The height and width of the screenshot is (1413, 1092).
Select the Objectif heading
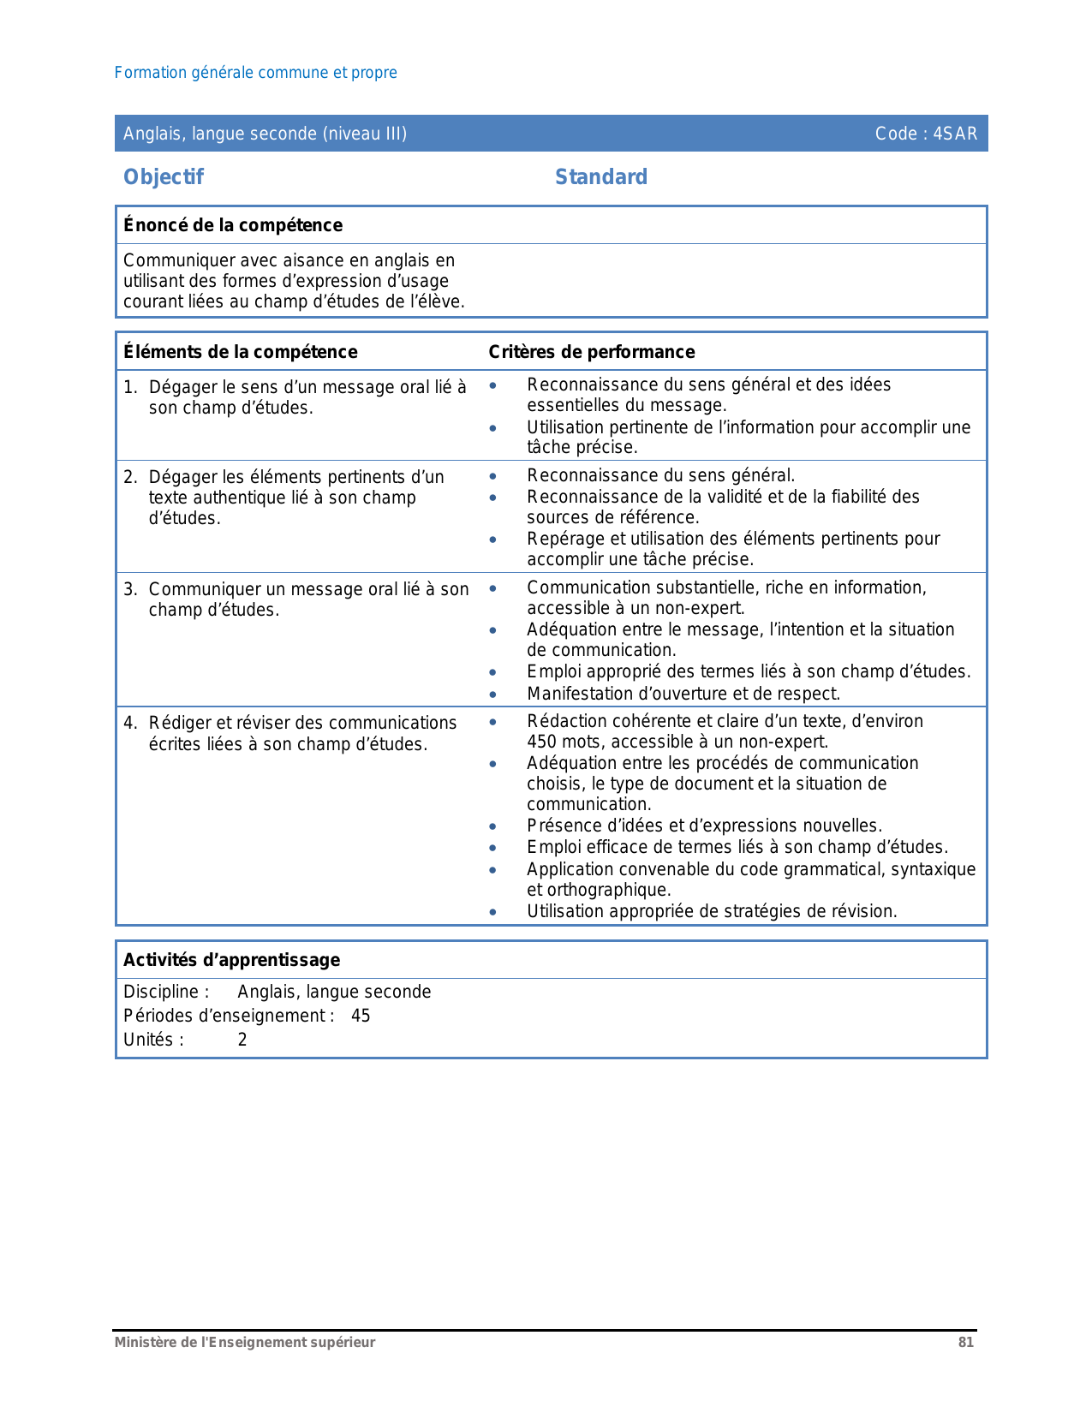pyautogui.click(x=164, y=177)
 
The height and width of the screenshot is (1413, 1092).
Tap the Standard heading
pyautogui.click(x=601, y=177)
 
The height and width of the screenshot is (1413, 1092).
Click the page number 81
pyautogui.click(x=966, y=1343)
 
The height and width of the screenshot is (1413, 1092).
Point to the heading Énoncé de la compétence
pyautogui.click(x=233, y=225)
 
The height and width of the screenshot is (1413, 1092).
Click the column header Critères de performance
pyautogui.click(x=592, y=352)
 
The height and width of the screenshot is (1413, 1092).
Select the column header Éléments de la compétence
pyautogui.click(x=241, y=352)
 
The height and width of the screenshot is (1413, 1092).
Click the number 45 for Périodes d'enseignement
pyautogui.click(x=361, y=1016)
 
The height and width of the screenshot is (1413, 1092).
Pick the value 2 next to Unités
pyautogui.click(x=242, y=1040)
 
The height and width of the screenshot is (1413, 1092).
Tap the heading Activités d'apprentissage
pyautogui.click(x=232, y=960)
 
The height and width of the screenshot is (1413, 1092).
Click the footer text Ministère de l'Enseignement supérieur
pyautogui.click(x=245, y=1343)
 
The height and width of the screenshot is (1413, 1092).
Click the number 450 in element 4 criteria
pyautogui.click(x=541, y=742)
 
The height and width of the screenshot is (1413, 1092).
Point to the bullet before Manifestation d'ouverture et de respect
pyautogui.click(x=493, y=695)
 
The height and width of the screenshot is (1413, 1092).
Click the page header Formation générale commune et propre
pyautogui.click(x=256, y=73)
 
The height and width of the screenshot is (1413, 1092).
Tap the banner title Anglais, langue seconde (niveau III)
pyautogui.click(x=266, y=134)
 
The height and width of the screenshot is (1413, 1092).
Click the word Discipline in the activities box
pyautogui.click(x=162, y=992)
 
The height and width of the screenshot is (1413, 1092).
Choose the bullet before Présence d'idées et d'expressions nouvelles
pyautogui.click(x=493, y=826)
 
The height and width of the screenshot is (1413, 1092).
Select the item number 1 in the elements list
pyautogui.click(x=128, y=387)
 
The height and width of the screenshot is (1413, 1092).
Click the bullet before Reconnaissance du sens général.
pyautogui.click(x=493, y=476)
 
